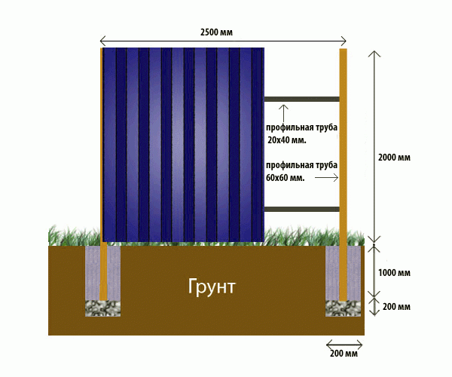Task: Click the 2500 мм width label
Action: pyautogui.click(x=216, y=32)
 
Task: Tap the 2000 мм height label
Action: pyautogui.click(x=394, y=158)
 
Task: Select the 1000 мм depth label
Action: pyautogui.click(x=394, y=273)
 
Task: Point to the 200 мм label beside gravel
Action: pyautogui.click(x=396, y=307)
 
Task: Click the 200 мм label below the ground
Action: pyautogui.click(x=344, y=354)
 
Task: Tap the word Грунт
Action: pyautogui.click(x=212, y=287)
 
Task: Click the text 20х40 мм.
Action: pyautogui.click(x=287, y=140)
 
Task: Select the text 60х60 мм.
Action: pyautogui.click(x=285, y=178)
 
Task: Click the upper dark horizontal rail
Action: pyautogui.click(x=301, y=100)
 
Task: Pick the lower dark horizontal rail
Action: pyautogui.click(x=301, y=209)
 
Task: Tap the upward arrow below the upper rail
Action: pyautogui.click(x=284, y=113)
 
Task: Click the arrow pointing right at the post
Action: pyautogui.click(x=326, y=178)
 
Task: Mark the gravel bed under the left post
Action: pyautogui.click(x=102, y=308)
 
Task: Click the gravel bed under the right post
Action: pyautogui.click(x=343, y=308)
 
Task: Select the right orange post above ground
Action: pyautogui.click(x=343, y=146)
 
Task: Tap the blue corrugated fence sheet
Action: pyautogui.click(x=183, y=145)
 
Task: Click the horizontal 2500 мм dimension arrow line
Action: pyautogui.click(x=223, y=41)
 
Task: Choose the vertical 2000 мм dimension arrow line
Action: pyautogui.click(x=374, y=147)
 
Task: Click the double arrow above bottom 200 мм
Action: pyautogui.click(x=344, y=344)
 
